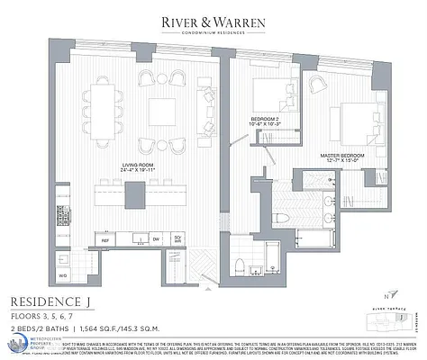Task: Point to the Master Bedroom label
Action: [x=342, y=157]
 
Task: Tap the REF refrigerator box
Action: [x=104, y=240]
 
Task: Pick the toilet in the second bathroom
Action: [x=241, y=265]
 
